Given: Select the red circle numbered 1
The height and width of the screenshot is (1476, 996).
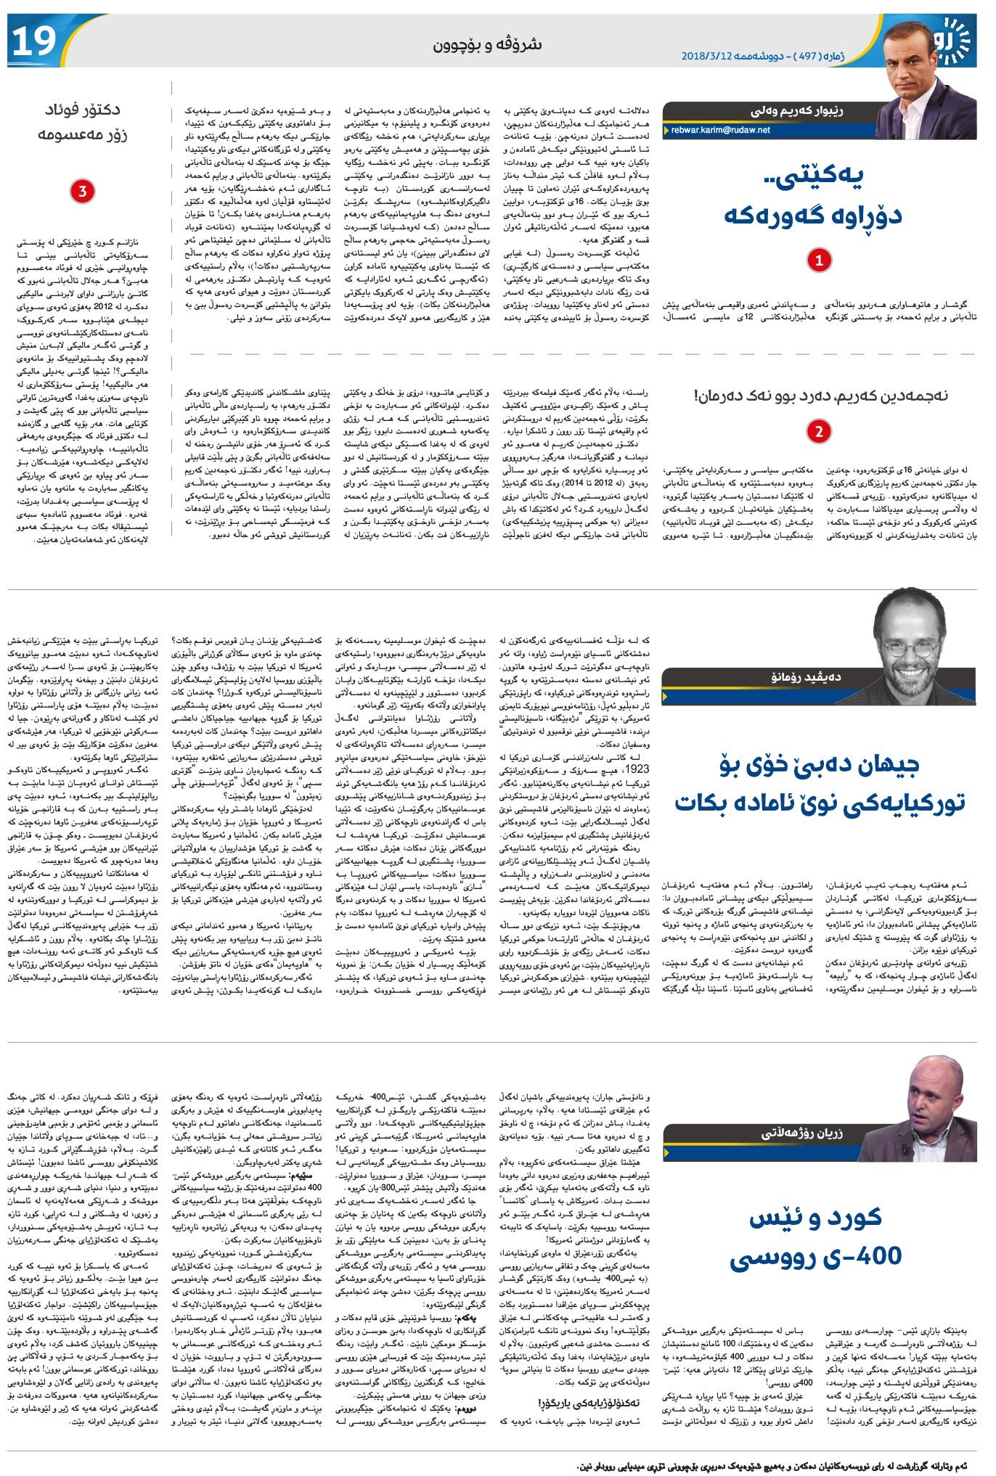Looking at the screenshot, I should point(819,261).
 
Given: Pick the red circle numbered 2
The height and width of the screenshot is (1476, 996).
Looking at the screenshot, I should point(819,431).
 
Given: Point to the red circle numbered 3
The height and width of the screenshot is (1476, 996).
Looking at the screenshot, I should point(82,192).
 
